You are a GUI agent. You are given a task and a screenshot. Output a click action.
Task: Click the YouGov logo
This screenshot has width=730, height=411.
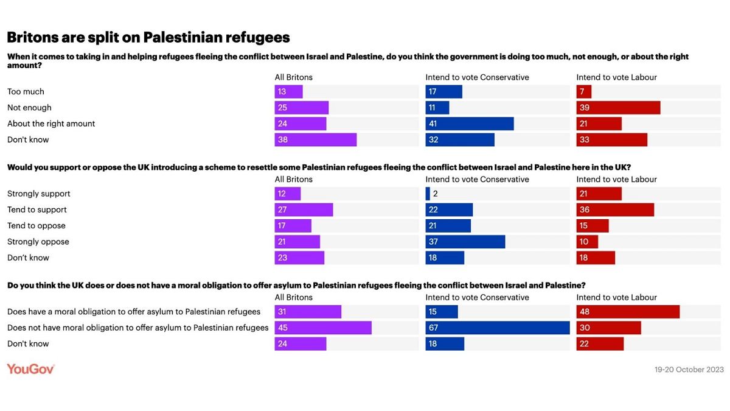tap(31, 369)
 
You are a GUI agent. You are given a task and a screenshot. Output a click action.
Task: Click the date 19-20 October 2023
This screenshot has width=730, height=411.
tap(688, 370)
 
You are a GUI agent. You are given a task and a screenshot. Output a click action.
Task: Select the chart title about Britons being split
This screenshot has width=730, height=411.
tap(148, 37)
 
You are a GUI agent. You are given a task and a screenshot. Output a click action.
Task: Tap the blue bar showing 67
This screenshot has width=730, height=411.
tap(497, 328)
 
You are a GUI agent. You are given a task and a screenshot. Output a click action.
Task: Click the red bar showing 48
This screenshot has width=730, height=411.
tap(627, 312)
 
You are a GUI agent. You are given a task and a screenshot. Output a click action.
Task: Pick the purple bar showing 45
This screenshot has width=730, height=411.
tap(322, 328)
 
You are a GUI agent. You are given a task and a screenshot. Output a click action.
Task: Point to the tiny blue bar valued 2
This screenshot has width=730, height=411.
tap(428, 194)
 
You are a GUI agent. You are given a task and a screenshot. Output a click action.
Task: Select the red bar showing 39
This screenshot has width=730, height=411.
tap(618, 108)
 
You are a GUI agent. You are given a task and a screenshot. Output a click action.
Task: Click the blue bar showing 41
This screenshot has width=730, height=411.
tap(469, 124)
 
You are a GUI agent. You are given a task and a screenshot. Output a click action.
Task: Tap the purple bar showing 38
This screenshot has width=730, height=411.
tap(315, 139)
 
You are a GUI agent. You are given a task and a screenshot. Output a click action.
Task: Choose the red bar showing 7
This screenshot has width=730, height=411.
tap(583, 92)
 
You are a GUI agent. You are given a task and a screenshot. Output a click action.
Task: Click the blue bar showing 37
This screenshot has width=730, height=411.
tap(465, 242)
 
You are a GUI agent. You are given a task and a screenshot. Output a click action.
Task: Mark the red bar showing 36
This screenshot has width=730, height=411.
tap(615, 209)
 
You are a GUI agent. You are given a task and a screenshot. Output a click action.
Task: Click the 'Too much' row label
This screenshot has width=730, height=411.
tap(26, 92)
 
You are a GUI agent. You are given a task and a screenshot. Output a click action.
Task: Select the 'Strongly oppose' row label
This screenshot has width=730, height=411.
tap(38, 242)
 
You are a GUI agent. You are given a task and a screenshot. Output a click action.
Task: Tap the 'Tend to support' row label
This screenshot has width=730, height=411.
tap(37, 209)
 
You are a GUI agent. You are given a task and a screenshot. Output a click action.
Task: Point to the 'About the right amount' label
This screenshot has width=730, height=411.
tap(51, 124)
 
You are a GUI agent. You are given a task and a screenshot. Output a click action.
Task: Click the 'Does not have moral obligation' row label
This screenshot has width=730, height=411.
tap(137, 328)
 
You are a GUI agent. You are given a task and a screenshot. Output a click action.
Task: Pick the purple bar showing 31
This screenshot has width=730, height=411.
tap(307, 312)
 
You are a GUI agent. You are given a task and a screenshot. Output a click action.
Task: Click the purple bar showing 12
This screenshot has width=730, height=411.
tap(287, 194)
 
